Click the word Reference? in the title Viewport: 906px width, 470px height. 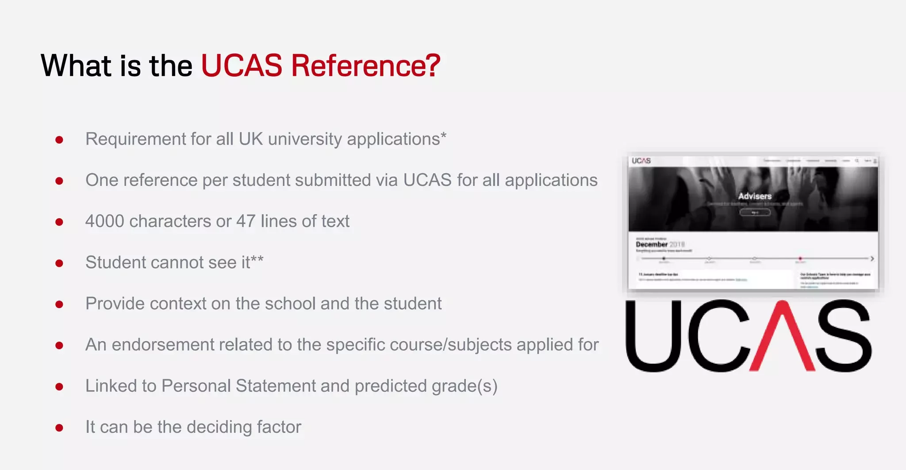(x=365, y=66)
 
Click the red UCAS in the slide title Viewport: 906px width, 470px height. (x=242, y=66)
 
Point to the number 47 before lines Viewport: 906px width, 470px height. (x=246, y=221)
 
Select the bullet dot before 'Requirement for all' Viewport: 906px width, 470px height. (x=59, y=140)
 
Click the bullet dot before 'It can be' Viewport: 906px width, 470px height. (x=59, y=428)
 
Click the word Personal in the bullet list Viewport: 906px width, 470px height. (x=196, y=386)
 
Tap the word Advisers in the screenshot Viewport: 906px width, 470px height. (x=755, y=196)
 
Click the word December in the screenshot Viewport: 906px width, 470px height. (x=652, y=244)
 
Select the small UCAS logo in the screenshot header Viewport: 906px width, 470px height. (x=641, y=161)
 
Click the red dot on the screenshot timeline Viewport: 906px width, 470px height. (x=800, y=258)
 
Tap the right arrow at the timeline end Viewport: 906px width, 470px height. (x=872, y=258)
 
